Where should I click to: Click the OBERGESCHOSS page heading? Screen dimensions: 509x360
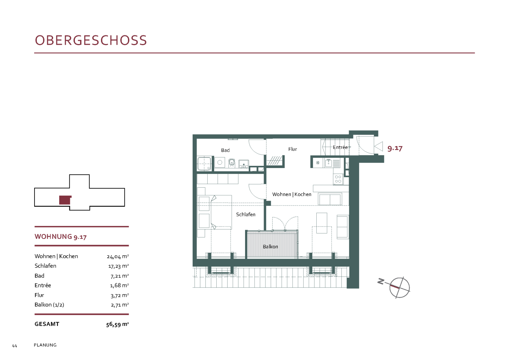91,40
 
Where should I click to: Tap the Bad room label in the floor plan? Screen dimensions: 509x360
225,150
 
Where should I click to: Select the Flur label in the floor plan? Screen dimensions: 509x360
292,149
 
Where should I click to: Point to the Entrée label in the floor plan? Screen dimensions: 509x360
340,147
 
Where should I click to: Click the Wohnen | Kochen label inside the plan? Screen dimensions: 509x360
292,194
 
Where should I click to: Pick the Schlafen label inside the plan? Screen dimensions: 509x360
246,214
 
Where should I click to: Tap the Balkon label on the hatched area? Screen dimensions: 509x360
270,247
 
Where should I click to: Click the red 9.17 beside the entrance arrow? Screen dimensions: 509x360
395,148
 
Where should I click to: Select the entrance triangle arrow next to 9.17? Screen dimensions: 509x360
378,146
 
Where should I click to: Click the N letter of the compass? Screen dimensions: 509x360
381,281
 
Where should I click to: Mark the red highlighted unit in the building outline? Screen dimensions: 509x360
65,200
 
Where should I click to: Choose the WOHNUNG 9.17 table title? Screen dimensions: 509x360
60,237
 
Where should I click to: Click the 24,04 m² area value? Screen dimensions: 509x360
118,257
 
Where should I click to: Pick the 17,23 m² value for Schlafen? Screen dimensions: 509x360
119,266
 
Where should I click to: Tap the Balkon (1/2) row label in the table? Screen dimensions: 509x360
49,305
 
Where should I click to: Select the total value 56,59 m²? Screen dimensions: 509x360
117,324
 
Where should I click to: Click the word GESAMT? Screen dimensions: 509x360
47,324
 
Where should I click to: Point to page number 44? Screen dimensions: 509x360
15,346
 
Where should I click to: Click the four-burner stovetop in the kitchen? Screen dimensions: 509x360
338,179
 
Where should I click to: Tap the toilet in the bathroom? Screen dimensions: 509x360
232,163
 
